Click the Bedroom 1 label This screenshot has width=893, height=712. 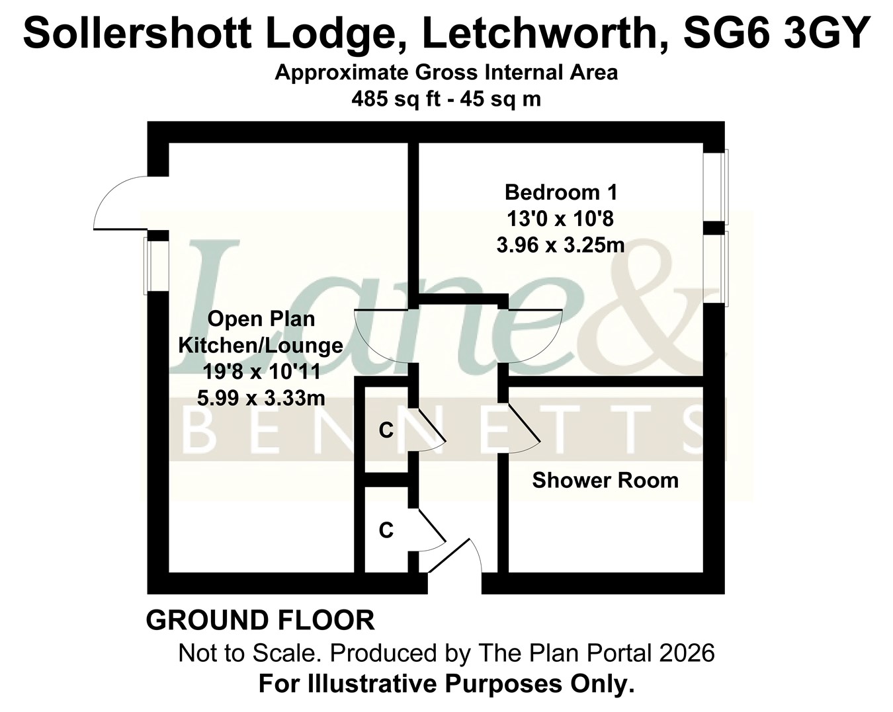coord(561,193)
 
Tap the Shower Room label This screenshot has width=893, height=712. coord(605,481)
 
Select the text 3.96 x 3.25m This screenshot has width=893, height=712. coord(560,245)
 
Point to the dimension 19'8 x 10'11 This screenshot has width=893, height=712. coord(261,372)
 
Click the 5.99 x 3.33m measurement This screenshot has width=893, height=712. coord(261,399)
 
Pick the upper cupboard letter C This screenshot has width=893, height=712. coord(386,431)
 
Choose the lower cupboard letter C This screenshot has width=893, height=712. coord(386,530)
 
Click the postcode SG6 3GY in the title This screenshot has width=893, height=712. coord(776,32)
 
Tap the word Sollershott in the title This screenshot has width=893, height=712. coord(138,32)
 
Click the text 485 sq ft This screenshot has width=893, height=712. coord(396,100)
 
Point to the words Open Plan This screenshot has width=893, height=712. coord(261,319)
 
